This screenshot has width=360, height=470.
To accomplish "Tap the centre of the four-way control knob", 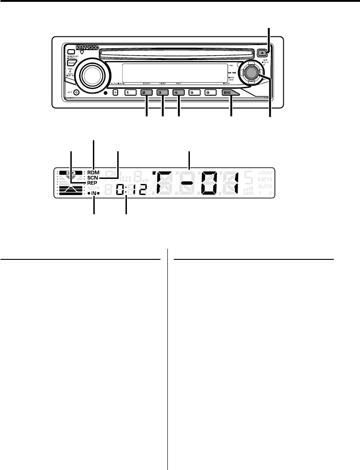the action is click(x=251, y=72).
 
